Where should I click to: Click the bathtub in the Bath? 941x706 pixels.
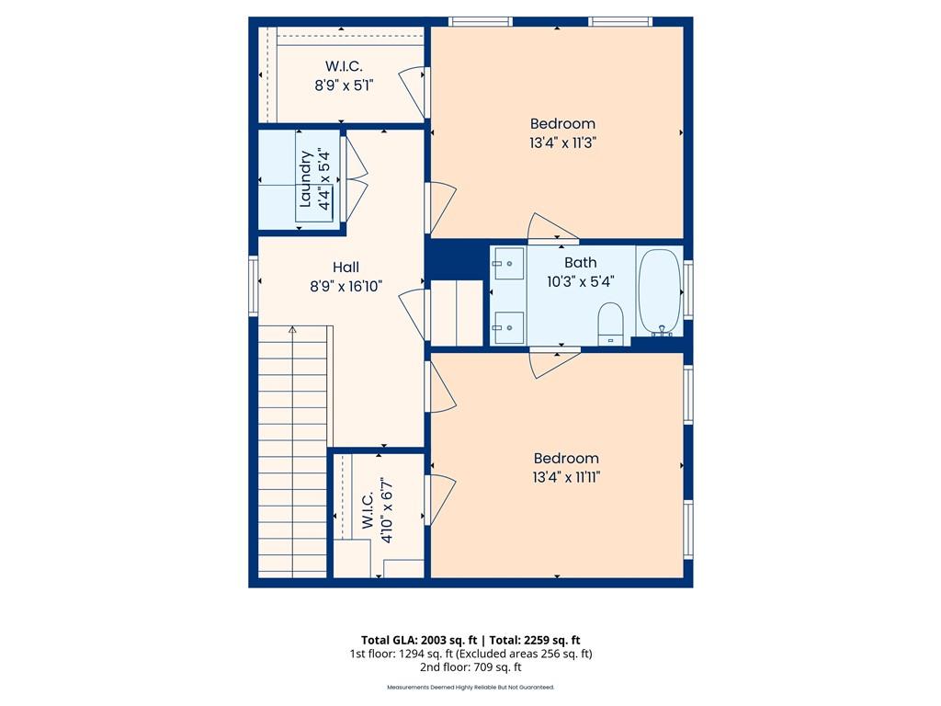click(x=659, y=292)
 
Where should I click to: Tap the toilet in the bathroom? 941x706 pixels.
click(x=611, y=324)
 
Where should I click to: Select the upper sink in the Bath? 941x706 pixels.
click(x=507, y=264)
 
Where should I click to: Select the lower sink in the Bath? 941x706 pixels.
click(x=507, y=328)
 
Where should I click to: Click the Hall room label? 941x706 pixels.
click(x=346, y=268)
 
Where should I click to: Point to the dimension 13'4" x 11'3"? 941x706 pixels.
click(x=562, y=142)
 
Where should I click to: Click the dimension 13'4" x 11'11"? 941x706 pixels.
click(x=566, y=477)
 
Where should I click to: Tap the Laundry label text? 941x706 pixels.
click(x=305, y=179)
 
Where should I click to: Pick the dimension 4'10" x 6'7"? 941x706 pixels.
click(x=387, y=511)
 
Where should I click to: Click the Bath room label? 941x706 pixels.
click(x=581, y=262)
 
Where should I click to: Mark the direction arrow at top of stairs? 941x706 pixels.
click(x=292, y=330)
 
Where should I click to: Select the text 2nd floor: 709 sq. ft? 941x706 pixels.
click(x=470, y=667)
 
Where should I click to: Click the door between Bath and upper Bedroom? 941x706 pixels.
click(x=552, y=228)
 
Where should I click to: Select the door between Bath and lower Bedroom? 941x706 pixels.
click(x=554, y=363)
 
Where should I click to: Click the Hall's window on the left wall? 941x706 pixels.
click(x=254, y=286)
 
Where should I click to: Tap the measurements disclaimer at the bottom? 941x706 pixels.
click(x=470, y=688)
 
